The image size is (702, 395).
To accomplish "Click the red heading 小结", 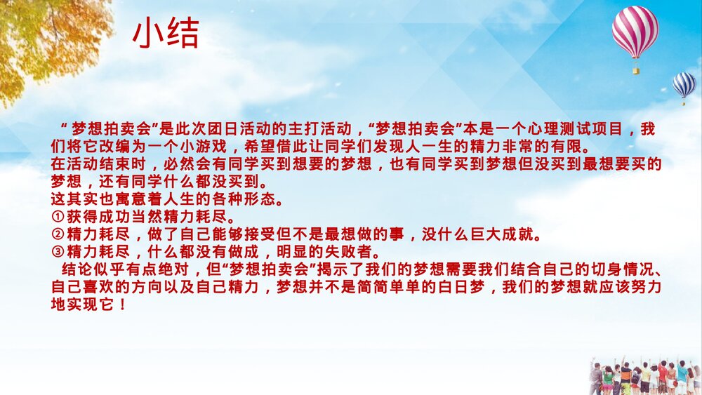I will point(166,34).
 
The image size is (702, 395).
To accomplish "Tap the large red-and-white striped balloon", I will point(635,32).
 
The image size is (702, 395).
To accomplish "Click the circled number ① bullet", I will point(58,217).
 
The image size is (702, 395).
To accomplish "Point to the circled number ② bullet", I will point(58,234).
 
